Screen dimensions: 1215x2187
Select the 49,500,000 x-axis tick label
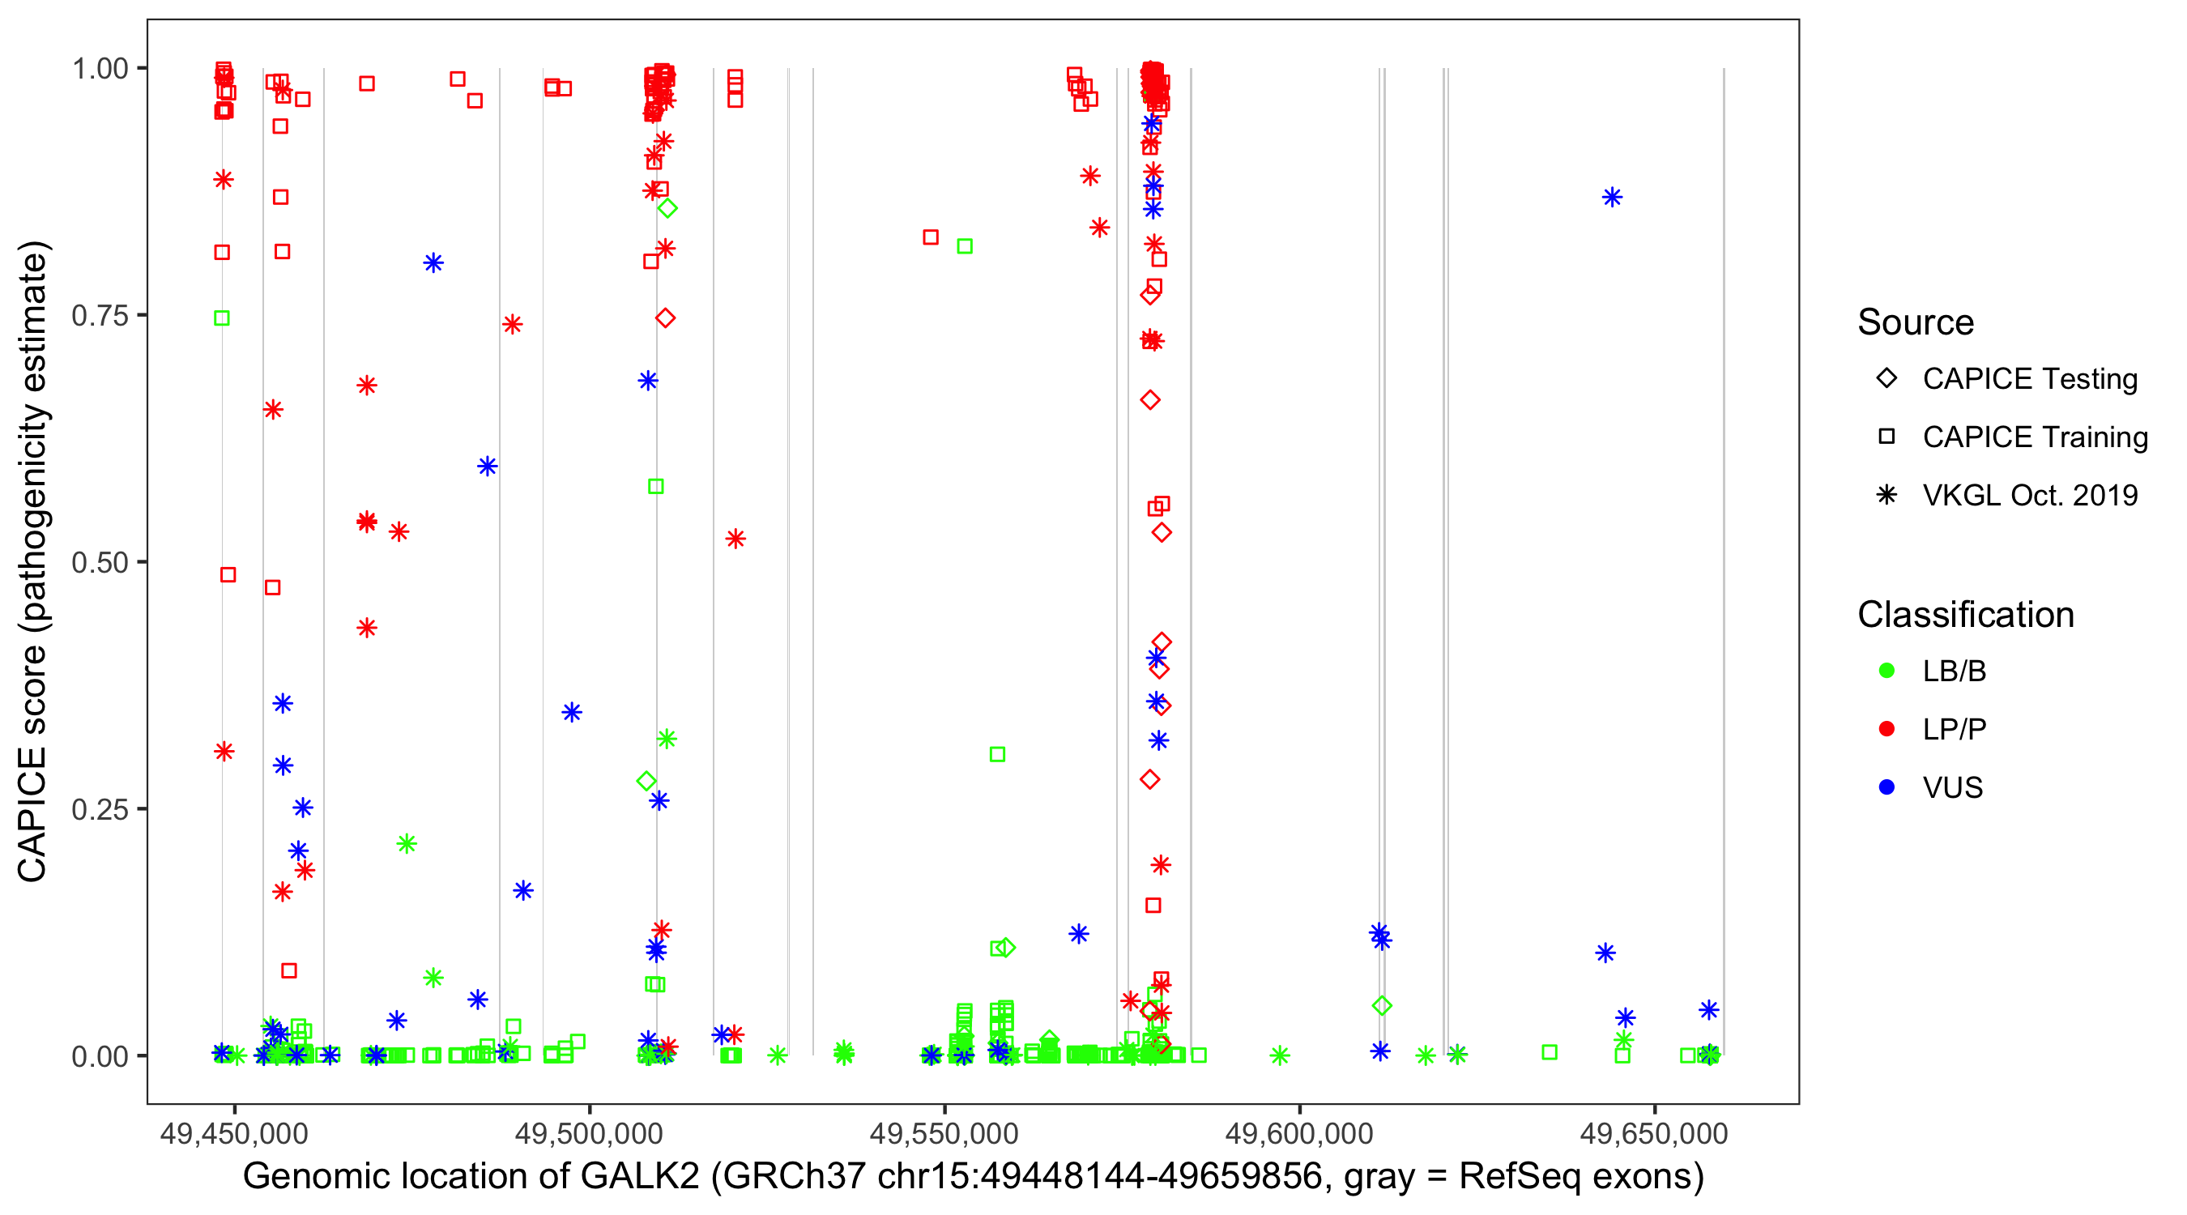click(x=589, y=1132)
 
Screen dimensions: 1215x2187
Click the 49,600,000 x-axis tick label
click(x=1299, y=1132)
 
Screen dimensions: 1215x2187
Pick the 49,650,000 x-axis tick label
click(x=1654, y=1132)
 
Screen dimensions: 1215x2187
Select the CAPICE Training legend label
click(x=2035, y=437)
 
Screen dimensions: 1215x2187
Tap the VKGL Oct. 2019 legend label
click(x=2030, y=496)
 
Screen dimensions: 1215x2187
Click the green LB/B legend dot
click(x=1887, y=671)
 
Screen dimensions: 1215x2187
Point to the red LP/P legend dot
click(x=1887, y=729)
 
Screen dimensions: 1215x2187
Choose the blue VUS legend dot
click(x=1887, y=788)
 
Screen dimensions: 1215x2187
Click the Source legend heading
click(x=1916, y=322)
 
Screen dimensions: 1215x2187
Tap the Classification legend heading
click(x=1965, y=615)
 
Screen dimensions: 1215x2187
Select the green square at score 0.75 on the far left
click(x=222, y=318)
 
